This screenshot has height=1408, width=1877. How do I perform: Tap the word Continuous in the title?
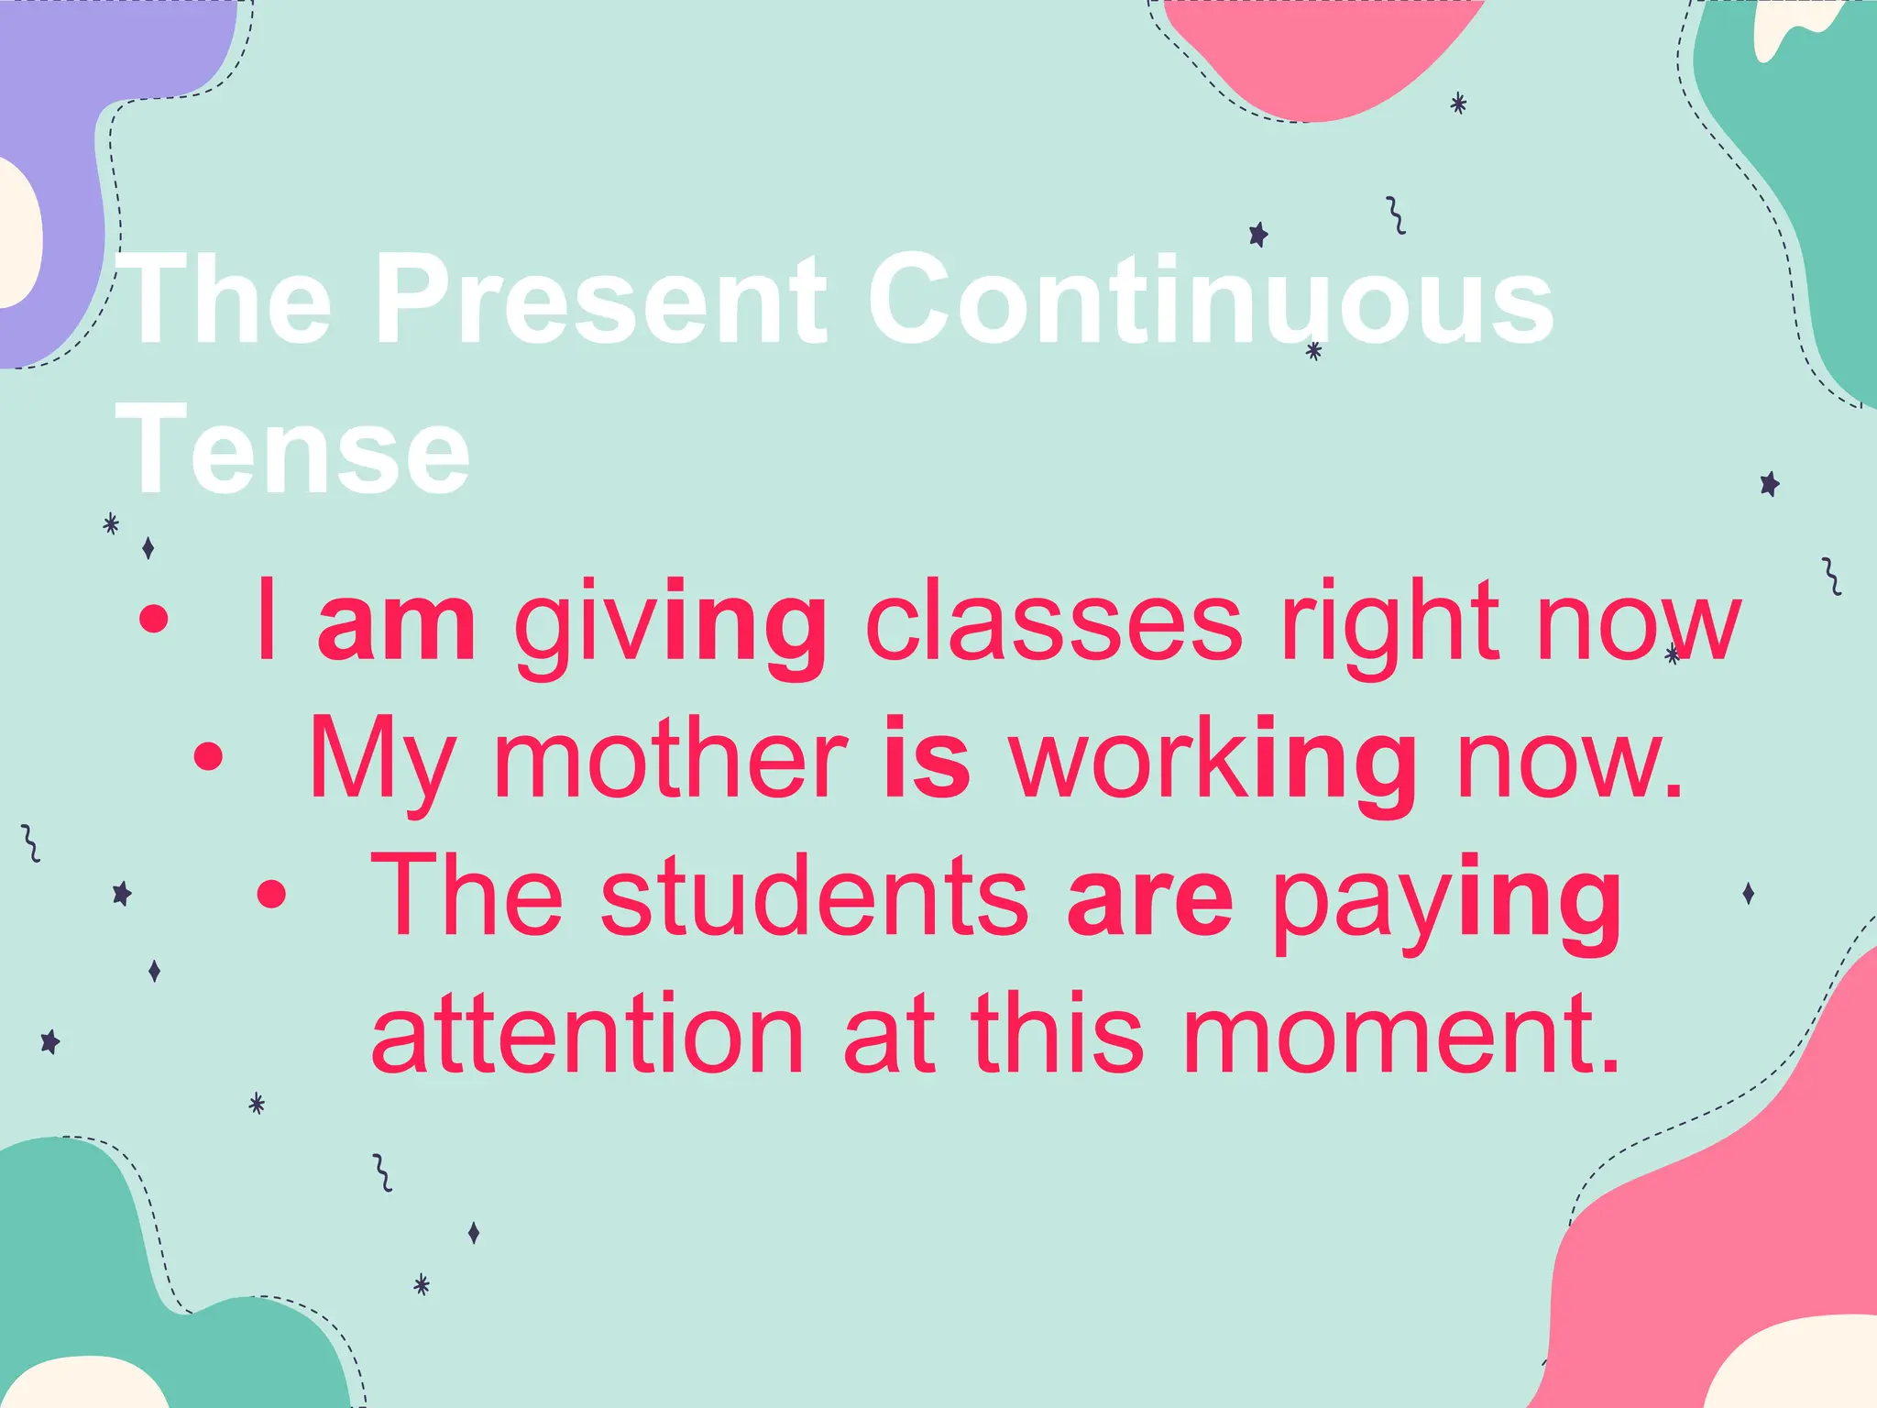click(x=1210, y=299)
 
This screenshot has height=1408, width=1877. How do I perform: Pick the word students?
click(x=815, y=896)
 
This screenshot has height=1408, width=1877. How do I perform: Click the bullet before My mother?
click(x=209, y=757)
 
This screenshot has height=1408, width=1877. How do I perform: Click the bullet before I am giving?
click(x=154, y=621)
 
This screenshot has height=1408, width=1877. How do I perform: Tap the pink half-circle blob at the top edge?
click(x=1320, y=50)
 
